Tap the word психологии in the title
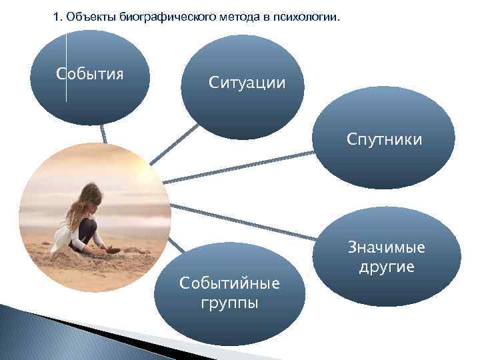[308, 18]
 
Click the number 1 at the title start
[56, 18]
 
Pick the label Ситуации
[247, 83]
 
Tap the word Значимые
[386, 248]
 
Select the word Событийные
[229, 283]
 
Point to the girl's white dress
[63, 237]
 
